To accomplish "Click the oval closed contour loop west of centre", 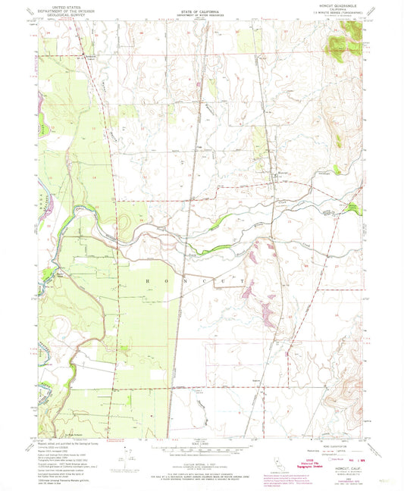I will [x=124, y=224].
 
